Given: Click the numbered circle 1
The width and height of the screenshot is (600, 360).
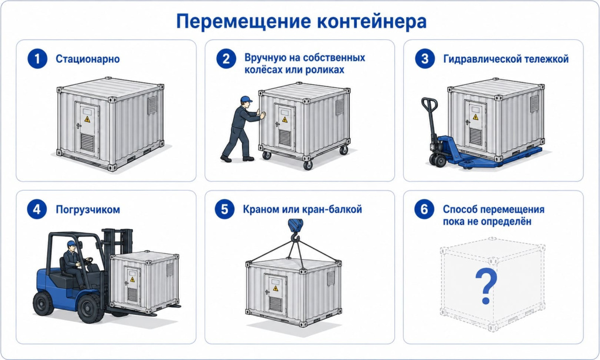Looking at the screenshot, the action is click(37, 59).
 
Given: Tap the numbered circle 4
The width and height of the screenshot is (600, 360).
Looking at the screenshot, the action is click(37, 209).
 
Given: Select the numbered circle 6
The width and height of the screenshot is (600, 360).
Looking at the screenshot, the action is click(424, 209).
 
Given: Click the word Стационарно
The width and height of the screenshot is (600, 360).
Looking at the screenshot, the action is click(88, 59).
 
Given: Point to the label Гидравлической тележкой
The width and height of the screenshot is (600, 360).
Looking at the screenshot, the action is click(506, 59).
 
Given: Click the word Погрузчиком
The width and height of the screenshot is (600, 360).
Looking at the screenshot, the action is click(88, 210).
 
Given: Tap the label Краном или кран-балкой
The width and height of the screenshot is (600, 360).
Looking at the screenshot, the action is click(302, 209).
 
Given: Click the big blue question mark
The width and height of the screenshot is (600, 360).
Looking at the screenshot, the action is click(486, 286).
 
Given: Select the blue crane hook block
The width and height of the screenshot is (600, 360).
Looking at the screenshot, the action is click(295, 226).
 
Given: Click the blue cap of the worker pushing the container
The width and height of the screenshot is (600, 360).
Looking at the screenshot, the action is click(246, 99).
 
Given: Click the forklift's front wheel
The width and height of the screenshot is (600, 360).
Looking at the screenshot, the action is click(90, 308).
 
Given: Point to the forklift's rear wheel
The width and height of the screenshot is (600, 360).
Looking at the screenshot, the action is click(43, 303).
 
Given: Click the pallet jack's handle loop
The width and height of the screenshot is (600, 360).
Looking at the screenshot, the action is click(429, 104).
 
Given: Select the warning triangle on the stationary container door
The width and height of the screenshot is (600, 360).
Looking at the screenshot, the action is click(87, 119).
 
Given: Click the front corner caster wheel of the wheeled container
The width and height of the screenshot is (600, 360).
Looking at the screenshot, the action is click(308, 165).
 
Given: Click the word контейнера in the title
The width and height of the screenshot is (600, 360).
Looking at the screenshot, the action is click(372, 22).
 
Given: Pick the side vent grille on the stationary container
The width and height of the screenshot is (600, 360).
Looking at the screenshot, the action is click(152, 104).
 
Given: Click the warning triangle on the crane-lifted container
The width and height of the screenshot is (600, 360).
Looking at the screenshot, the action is click(275, 288).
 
